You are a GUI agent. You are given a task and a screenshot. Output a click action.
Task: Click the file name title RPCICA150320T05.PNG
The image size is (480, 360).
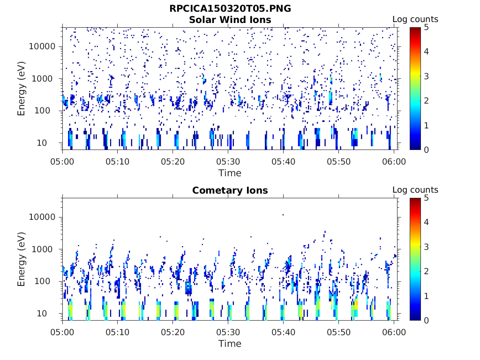(x=230, y=9)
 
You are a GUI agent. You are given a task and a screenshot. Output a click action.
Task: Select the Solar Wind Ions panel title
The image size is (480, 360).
(x=230, y=20)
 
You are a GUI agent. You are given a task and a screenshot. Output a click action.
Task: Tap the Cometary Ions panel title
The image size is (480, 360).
(x=230, y=190)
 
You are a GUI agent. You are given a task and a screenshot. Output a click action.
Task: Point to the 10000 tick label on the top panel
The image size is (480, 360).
(x=43, y=46)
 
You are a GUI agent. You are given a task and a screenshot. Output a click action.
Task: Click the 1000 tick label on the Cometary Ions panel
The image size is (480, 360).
(x=45, y=249)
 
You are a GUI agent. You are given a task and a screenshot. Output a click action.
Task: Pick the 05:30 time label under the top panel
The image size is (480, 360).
(x=228, y=162)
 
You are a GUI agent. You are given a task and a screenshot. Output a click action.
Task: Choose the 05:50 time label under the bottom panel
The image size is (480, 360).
(x=339, y=332)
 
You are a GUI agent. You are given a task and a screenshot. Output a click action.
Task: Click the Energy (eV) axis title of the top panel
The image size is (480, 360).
(x=22, y=88)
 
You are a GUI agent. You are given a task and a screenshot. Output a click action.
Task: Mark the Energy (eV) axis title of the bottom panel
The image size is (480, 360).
(x=22, y=258)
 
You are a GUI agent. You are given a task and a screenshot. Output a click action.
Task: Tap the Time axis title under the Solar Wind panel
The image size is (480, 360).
(x=230, y=173)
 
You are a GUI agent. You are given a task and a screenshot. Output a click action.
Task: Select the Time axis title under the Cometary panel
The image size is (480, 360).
(x=230, y=344)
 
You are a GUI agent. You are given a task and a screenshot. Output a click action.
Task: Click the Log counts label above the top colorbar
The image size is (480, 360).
(x=415, y=20)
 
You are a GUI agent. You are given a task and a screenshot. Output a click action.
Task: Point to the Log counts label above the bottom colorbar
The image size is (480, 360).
(x=415, y=190)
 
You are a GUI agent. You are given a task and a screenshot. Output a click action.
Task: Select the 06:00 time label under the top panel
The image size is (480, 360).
(x=394, y=162)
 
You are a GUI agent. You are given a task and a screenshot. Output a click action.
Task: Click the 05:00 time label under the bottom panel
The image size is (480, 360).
(x=63, y=332)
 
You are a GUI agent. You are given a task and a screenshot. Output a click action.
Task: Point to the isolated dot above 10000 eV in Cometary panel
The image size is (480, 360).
(x=283, y=215)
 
